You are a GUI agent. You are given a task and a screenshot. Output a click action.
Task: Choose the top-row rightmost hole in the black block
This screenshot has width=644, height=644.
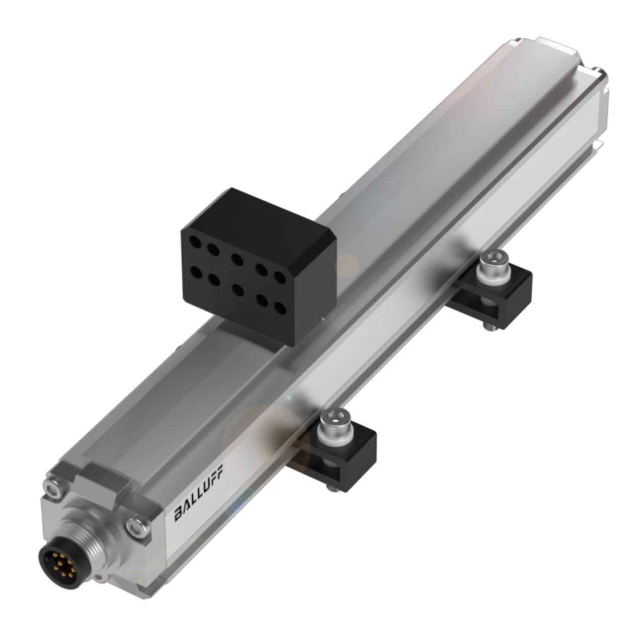pyautogui.click(x=279, y=277)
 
